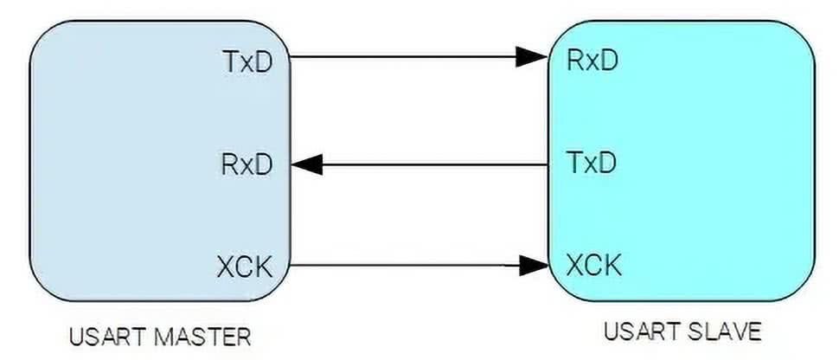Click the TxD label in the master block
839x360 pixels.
(x=248, y=61)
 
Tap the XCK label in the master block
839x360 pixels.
(x=246, y=265)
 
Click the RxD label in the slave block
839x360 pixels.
(x=592, y=60)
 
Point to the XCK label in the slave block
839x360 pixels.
(x=593, y=264)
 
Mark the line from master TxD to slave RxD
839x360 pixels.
(x=407, y=58)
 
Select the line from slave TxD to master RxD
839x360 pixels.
(x=432, y=163)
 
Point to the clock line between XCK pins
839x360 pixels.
(x=407, y=265)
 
